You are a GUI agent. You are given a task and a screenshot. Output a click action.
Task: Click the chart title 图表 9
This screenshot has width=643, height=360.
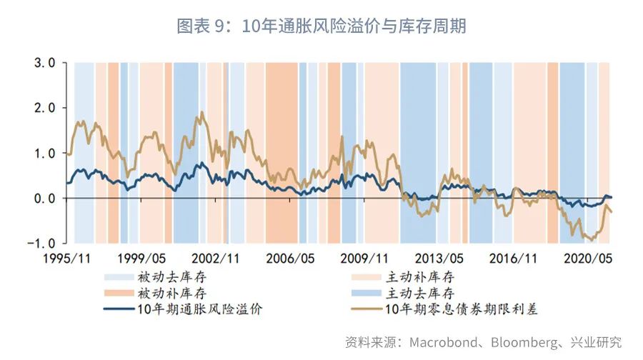pos(321,26)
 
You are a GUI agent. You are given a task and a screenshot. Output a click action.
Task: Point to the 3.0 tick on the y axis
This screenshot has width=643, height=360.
pos(41,63)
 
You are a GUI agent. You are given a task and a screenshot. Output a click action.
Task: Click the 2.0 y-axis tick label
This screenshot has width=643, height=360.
pos(41,108)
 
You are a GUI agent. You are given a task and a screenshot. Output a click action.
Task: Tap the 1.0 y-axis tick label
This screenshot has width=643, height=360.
pos(41,153)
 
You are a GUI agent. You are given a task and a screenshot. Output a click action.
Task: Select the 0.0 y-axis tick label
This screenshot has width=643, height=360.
pos(41,198)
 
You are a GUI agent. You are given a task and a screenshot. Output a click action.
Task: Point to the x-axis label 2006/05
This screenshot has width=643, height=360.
pos(291,258)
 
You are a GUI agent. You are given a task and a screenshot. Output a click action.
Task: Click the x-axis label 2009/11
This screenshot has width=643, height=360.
pos(365,258)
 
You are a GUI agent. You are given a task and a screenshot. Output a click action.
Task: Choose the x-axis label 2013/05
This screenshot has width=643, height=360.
pos(440,258)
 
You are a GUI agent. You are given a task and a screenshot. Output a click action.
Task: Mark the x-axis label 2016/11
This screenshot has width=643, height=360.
pos(514,258)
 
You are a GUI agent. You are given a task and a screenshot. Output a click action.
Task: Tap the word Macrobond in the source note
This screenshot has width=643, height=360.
pos(438,341)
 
